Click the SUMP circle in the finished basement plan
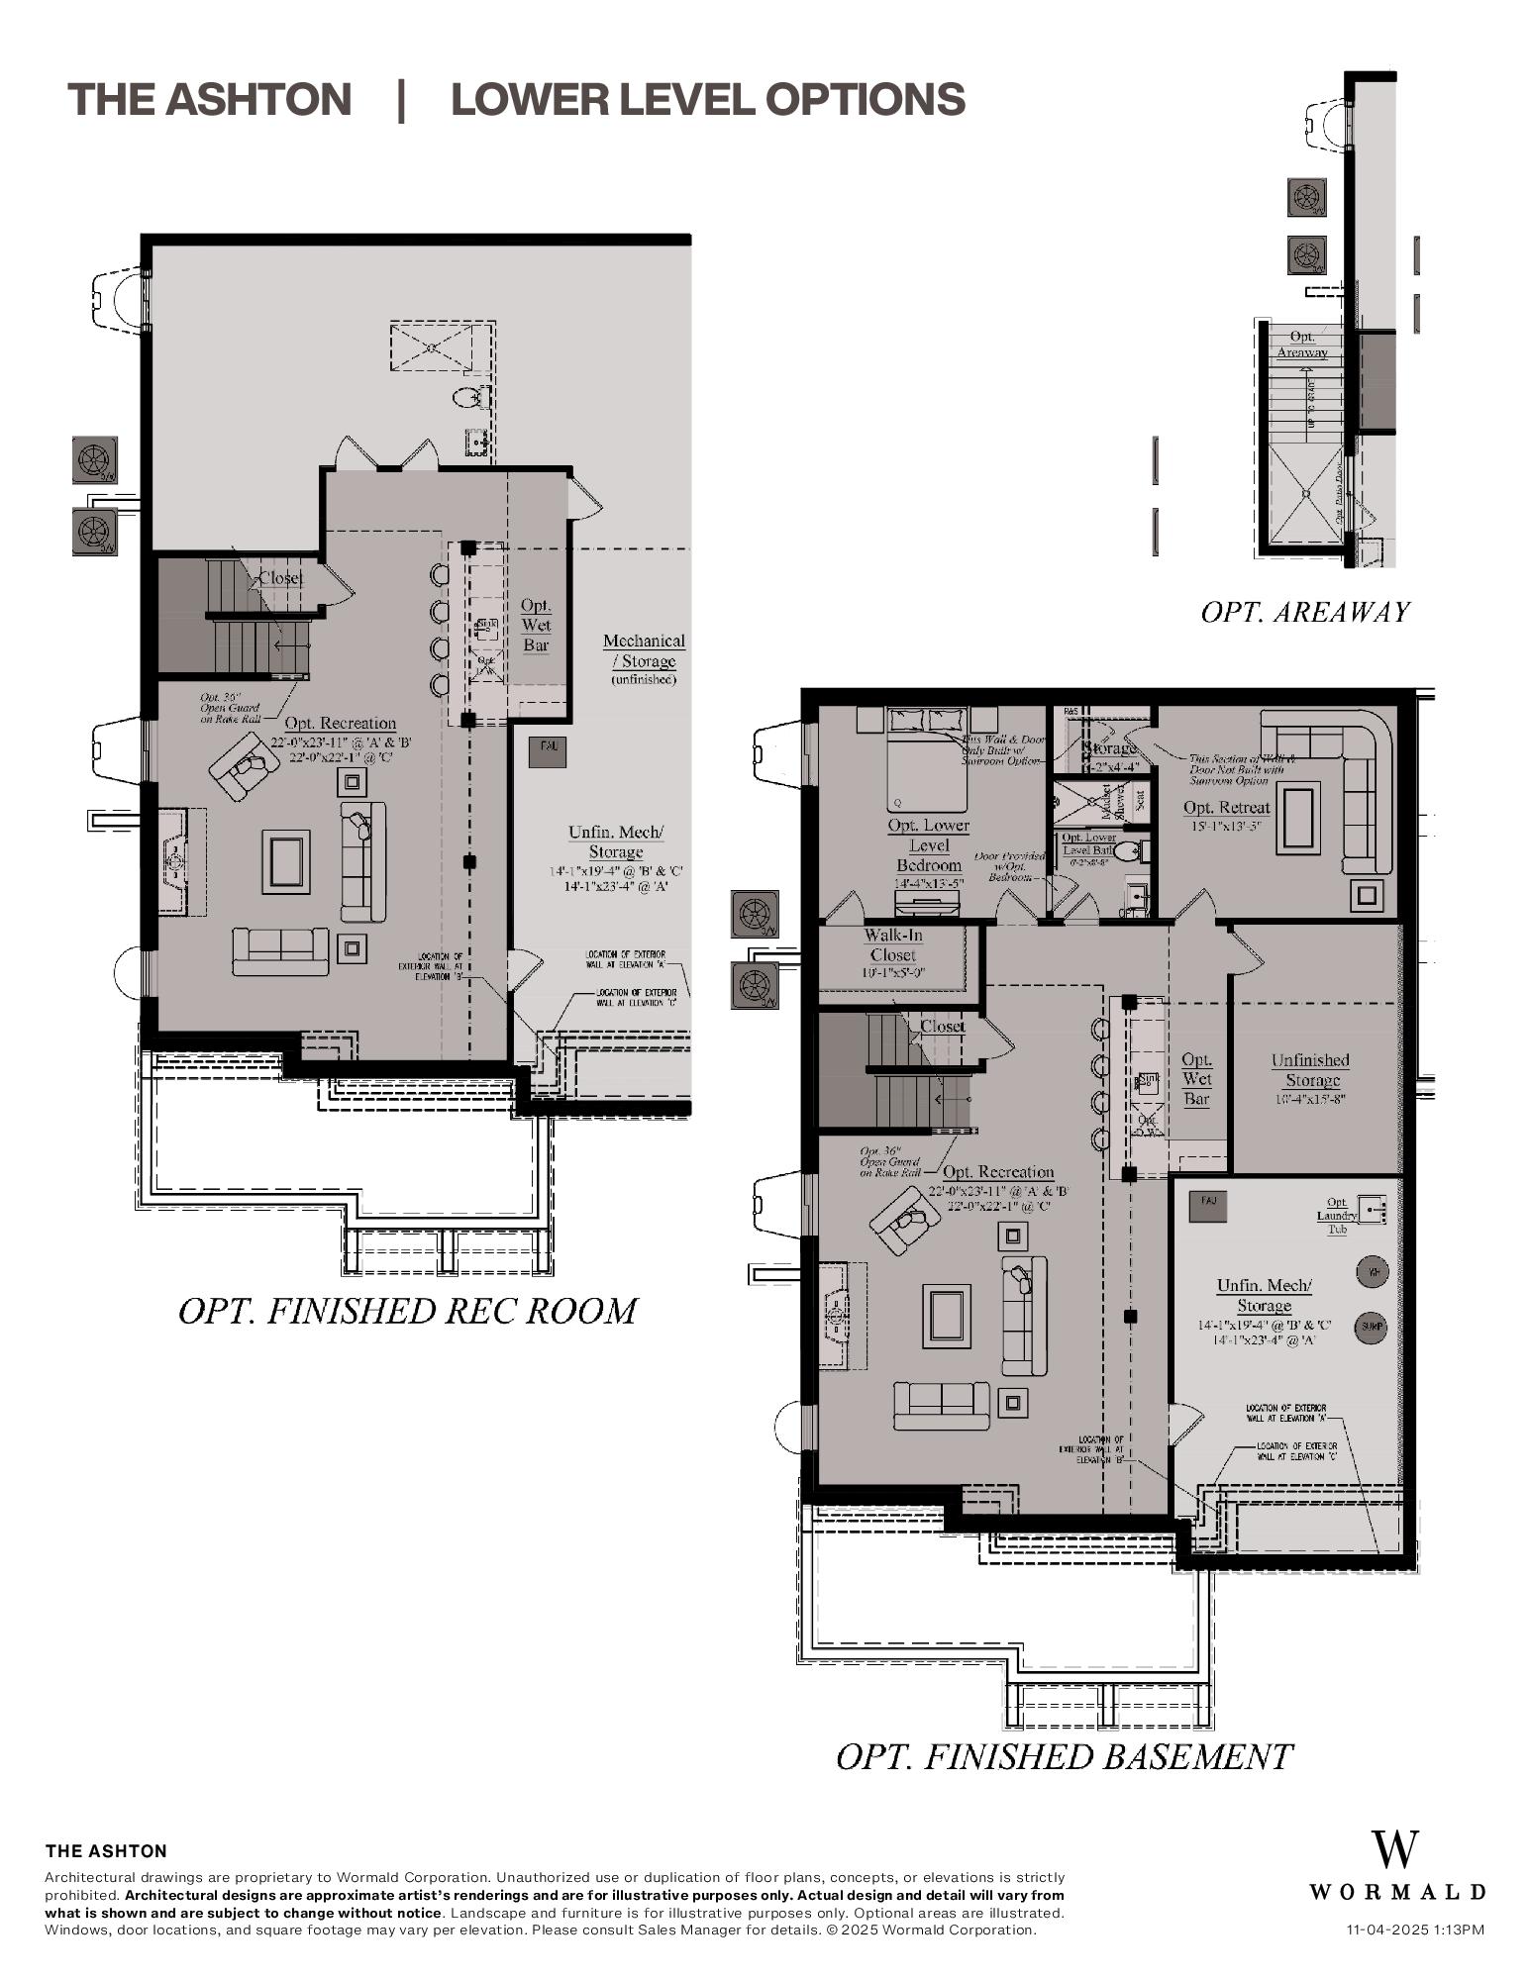(1371, 1327)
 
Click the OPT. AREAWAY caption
(1304, 612)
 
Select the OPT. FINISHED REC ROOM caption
(407, 1311)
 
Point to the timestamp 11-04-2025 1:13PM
(1415, 1930)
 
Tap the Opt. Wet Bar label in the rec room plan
(536, 625)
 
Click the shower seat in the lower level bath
(1140, 800)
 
